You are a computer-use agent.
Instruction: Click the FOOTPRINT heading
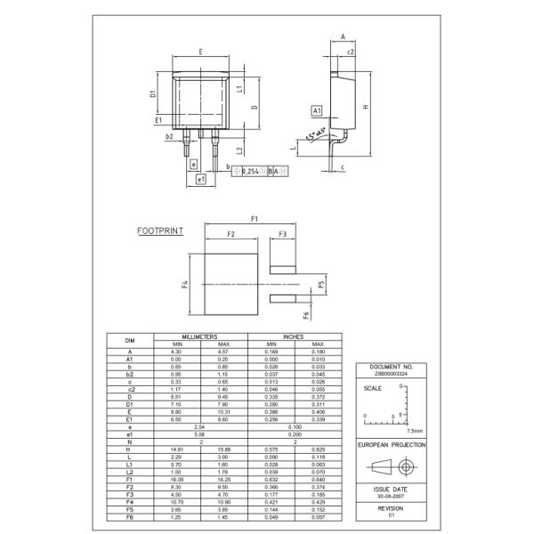[x=160, y=230]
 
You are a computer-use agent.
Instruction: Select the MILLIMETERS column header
[x=200, y=337]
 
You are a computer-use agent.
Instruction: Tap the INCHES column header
[x=294, y=337]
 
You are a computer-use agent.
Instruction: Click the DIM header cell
[x=130, y=341]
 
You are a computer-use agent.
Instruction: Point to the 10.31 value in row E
[x=223, y=411]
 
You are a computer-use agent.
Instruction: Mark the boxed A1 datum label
[x=316, y=109]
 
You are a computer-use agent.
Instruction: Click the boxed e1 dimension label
[x=202, y=179]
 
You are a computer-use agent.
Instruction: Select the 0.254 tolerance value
[x=250, y=170]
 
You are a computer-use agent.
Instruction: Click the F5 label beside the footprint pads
[x=321, y=286]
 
